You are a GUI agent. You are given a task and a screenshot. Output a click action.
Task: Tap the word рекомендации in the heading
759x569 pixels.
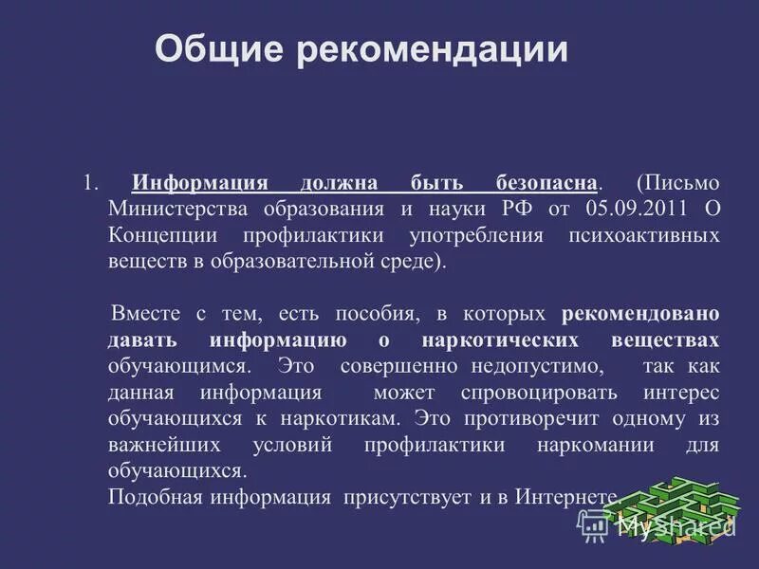434,48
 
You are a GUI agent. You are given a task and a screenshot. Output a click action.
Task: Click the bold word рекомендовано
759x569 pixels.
640,313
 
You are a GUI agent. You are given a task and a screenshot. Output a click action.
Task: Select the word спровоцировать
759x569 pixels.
540,392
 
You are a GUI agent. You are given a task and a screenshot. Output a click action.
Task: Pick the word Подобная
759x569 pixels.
148,496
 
